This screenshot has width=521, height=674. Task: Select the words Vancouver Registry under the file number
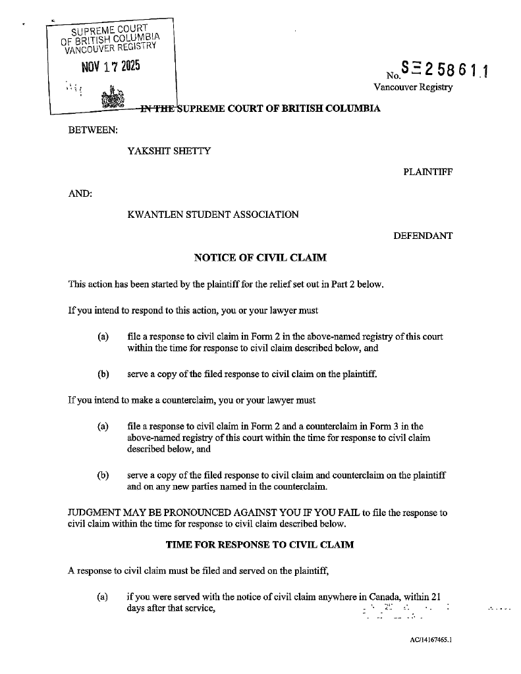[413, 88]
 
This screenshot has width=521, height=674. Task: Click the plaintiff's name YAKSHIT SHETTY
[169, 151]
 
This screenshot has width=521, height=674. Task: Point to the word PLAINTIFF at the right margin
[427, 172]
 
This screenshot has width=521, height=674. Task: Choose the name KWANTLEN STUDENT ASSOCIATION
[213, 214]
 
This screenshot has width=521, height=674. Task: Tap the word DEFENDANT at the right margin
[423, 236]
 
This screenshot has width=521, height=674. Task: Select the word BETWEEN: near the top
[94, 129]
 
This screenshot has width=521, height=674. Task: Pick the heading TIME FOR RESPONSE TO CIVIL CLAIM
[260, 545]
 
